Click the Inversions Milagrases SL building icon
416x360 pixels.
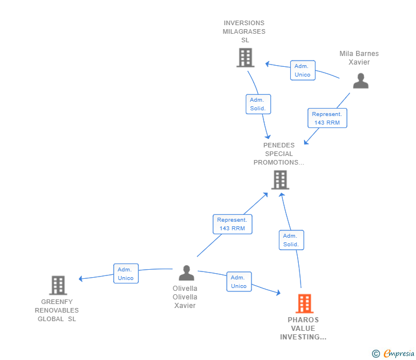pos(245,57)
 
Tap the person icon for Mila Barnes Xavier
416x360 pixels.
pos(361,81)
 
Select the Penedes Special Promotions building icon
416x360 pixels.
pos(279,180)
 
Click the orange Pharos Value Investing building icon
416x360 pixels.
pos(304,303)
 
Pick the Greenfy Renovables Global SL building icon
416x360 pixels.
pos(58,285)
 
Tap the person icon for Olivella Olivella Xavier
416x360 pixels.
pos(186,273)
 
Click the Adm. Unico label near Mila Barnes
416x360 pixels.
pos(302,70)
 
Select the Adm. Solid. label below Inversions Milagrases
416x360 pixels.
pos(258,104)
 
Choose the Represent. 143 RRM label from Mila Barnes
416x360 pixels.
pos(327,118)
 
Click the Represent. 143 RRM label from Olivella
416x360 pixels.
pos(233,224)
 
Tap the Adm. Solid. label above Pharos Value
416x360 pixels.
pos(291,240)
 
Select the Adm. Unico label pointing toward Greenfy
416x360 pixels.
pos(126,274)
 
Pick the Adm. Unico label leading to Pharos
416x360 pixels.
pos(239,282)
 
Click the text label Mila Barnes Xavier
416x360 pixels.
pos(359,58)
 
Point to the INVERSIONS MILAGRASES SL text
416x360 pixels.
pos(244,31)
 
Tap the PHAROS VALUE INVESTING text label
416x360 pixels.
pos(303,329)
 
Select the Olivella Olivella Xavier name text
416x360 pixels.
pos(185,297)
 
